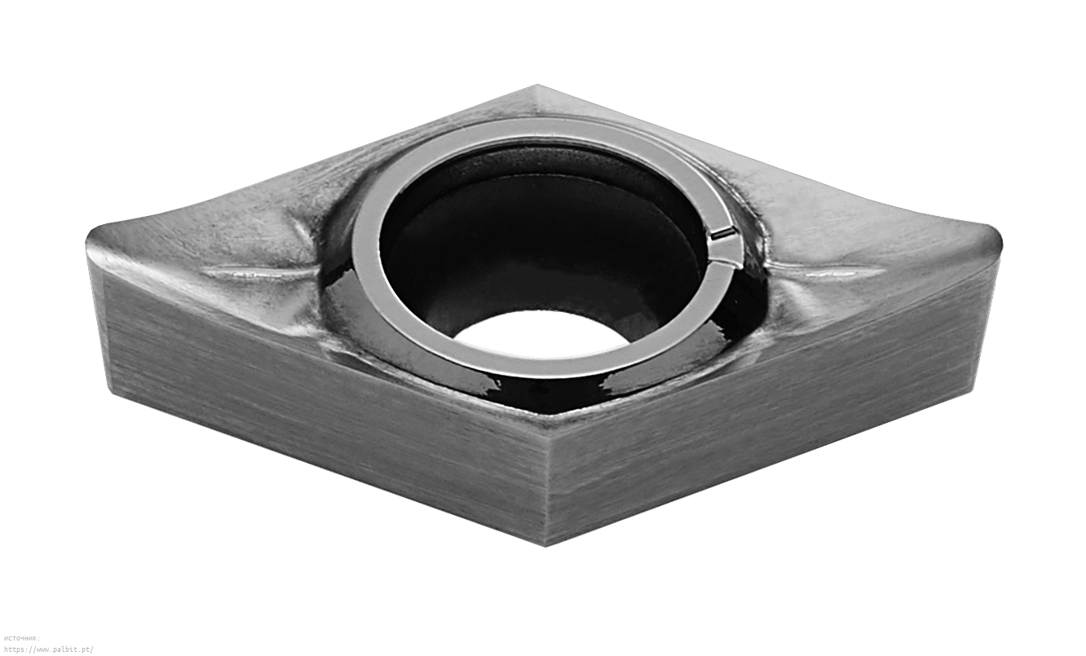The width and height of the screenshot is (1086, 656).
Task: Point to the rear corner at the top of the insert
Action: (536, 86)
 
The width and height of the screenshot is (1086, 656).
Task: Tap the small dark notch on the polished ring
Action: (723, 234)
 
